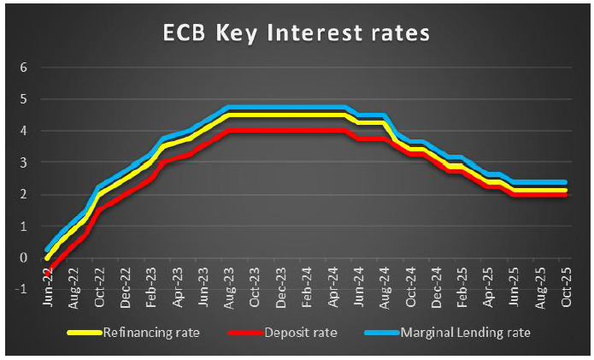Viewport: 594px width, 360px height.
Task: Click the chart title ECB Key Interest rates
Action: [297, 35]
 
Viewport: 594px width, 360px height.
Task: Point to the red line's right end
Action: [566, 194]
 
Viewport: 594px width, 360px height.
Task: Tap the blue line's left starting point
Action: [47, 250]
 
